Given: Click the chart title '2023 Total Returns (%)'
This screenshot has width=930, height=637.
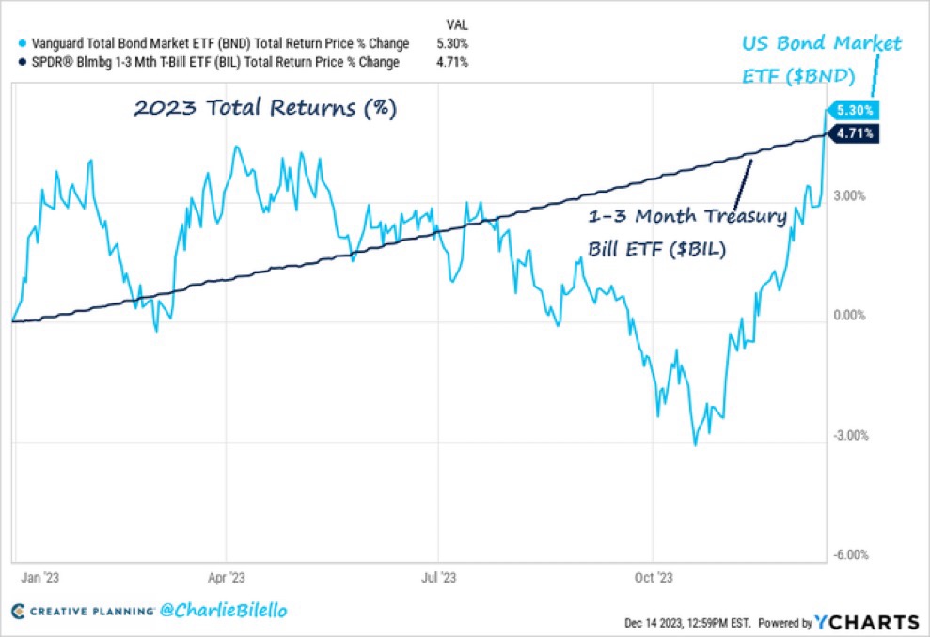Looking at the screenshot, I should point(264,108).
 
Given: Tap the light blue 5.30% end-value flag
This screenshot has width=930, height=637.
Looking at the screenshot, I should point(855,110).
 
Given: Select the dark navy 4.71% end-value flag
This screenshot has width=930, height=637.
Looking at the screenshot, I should point(855,133).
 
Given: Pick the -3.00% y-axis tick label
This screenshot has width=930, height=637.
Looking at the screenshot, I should point(850,436).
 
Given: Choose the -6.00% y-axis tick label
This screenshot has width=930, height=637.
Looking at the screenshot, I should point(850,554).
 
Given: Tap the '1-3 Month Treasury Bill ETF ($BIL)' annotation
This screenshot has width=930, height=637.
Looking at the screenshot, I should point(686,233).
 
